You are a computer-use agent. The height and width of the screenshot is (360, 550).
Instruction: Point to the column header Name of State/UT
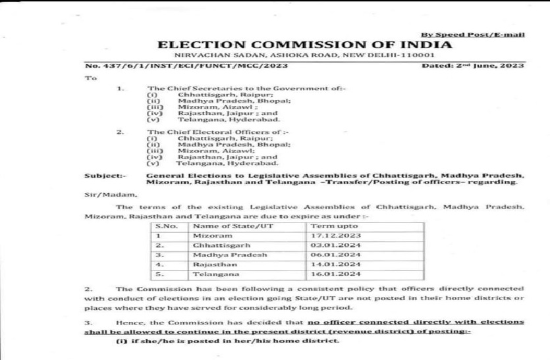224,224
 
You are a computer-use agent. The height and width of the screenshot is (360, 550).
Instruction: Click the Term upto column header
329,224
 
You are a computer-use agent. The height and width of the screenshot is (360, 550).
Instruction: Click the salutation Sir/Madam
109,195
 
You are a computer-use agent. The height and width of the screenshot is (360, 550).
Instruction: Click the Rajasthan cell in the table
211,264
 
